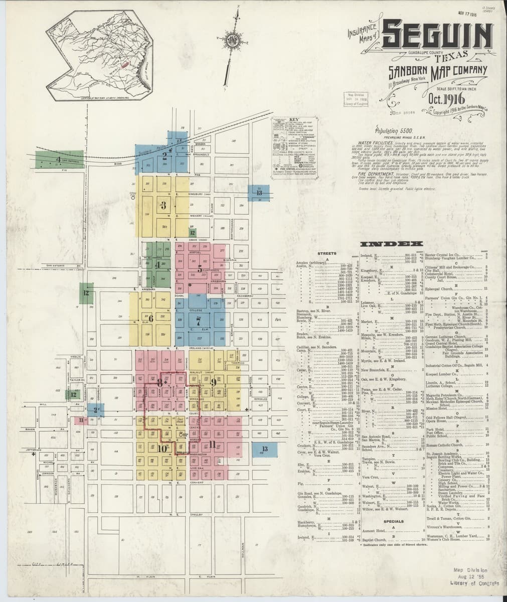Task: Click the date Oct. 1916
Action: tap(443, 98)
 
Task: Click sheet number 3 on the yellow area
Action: tap(163, 205)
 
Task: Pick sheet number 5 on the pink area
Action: tap(199, 268)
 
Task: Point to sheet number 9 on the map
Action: tap(213, 382)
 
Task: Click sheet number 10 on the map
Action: tap(161, 448)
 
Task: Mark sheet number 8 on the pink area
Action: tap(160, 382)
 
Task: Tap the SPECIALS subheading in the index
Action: tap(394, 521)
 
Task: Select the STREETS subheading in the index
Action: tap(326, 253)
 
